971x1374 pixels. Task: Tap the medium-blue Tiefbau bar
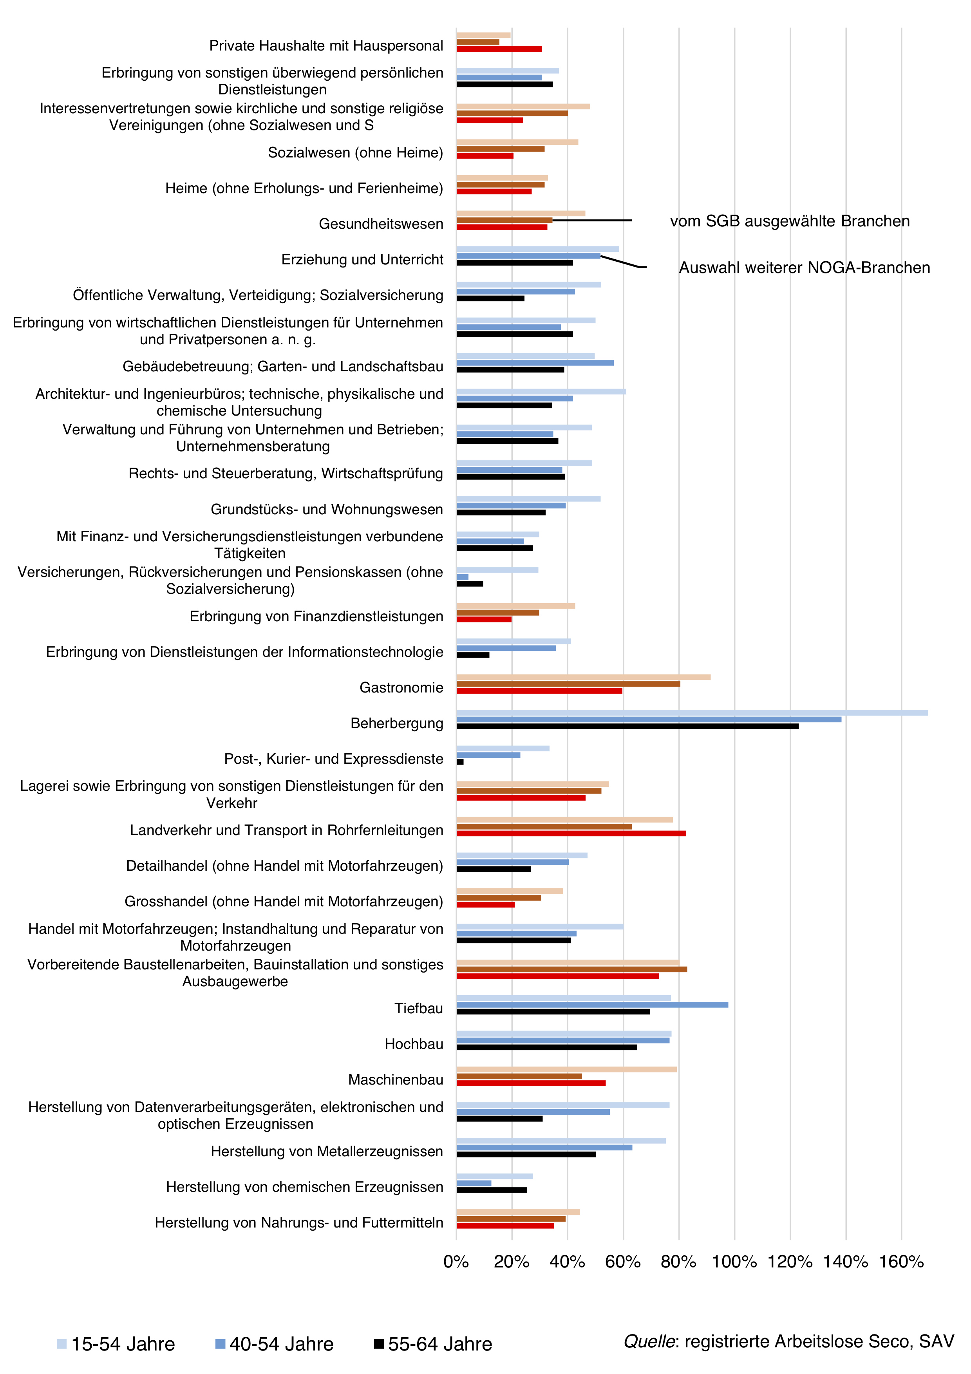(592, 1005)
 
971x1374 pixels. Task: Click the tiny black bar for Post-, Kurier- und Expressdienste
(460, 762)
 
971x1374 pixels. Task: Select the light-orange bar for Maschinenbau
(566, 1069)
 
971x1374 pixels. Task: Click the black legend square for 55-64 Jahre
(379, 1344)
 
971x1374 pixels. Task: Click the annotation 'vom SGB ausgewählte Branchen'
(790, 221)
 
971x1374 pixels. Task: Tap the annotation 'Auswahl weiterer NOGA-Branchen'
(805, 268)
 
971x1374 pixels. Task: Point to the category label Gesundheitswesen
(381, 224)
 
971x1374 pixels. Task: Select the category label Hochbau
(414, 1044)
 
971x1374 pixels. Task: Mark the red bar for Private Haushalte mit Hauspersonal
(499, 49)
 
